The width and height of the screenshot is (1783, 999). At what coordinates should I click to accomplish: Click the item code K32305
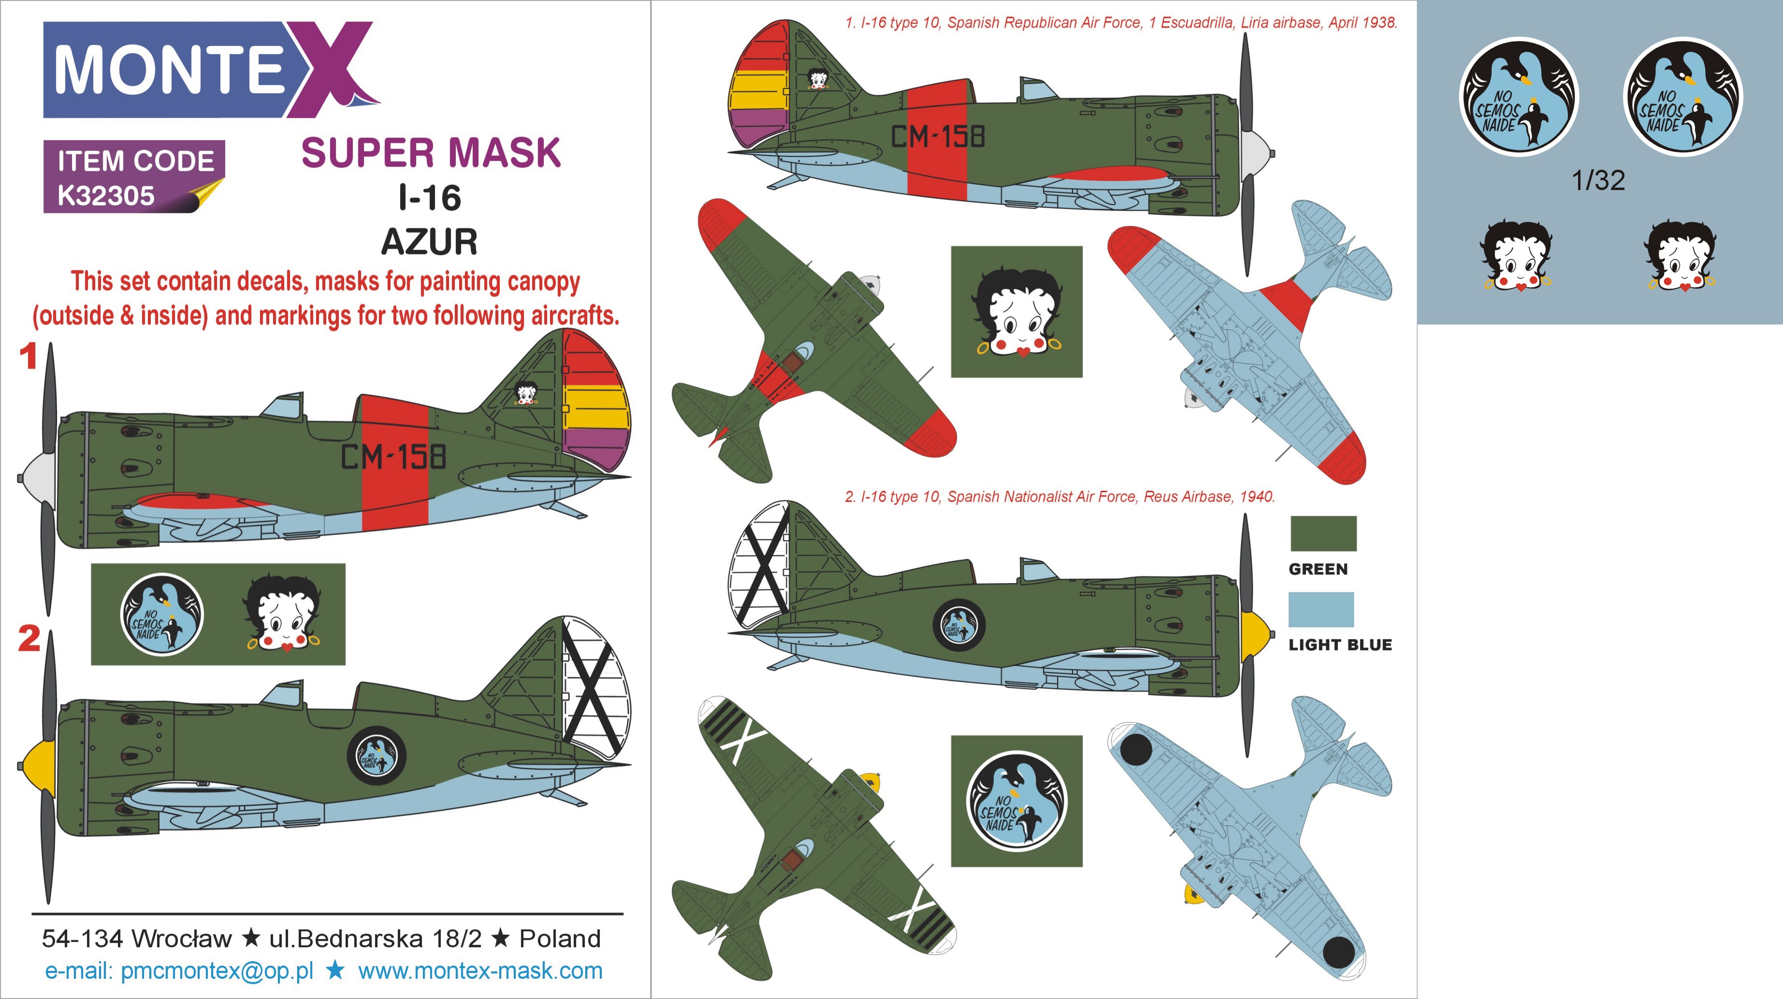coord(106,196)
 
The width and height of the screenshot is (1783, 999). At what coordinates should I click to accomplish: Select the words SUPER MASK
coord(431,152)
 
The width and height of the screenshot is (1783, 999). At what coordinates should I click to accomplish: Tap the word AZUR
coord(429,242)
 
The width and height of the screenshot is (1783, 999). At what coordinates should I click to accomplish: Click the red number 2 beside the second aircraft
coord(29,639)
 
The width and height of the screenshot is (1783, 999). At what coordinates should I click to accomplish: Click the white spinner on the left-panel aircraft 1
coord(37,478)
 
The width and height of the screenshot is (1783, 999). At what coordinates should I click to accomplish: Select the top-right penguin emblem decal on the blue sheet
coord(1682,97)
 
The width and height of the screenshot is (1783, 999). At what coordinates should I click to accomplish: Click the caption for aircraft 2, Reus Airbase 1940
coord(1059,497)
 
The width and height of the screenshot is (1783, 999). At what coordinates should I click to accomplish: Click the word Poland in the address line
coord(560,939)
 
